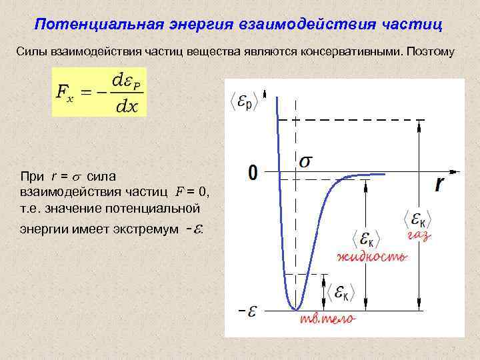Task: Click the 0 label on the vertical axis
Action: coord(253,173)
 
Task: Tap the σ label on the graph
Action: coord(307,161)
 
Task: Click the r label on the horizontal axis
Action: coord(439,185)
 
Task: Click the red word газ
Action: coord(418,236)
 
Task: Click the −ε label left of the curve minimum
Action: coord(247,310)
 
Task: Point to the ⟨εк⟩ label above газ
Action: coord(418,218)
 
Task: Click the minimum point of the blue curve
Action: coord(295,309)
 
